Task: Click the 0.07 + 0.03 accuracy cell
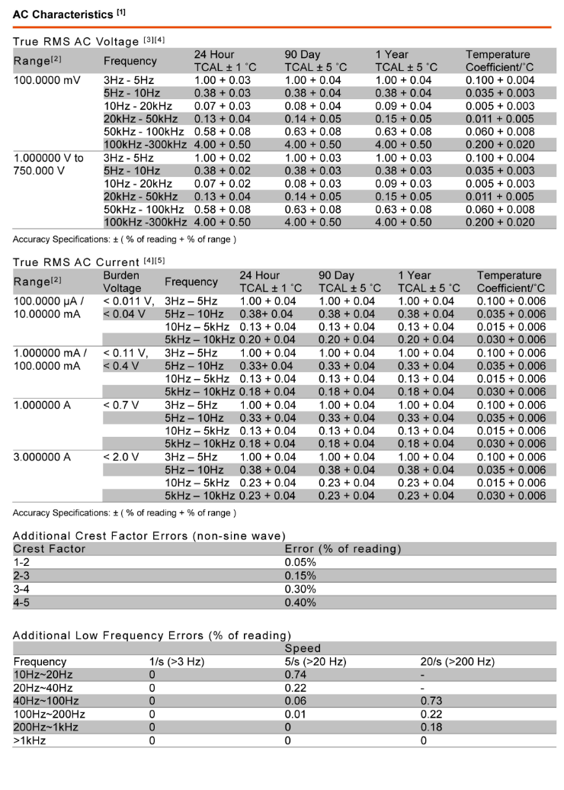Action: coord(222,106)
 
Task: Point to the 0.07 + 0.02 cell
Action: coord(222,184)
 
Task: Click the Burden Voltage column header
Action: coord(123,281)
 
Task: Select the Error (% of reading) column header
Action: coord(343,549)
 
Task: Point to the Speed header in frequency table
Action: coord(303,648)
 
